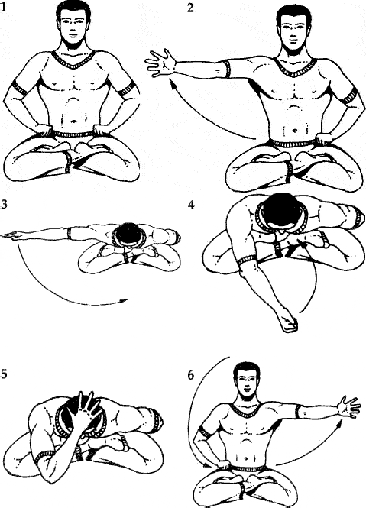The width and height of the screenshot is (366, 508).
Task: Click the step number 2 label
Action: [191, 7]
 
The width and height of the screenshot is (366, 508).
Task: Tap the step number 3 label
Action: [3, 205]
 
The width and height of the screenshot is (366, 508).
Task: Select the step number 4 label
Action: [191, 205]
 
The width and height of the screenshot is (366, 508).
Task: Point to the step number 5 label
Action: [3, 375]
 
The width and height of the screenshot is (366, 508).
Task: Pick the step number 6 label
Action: [191, 375]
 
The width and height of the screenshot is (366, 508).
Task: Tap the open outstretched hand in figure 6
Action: [348, 406]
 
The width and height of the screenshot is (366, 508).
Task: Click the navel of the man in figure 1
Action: [74, 121]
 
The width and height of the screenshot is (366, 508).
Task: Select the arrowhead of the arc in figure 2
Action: [173, 86]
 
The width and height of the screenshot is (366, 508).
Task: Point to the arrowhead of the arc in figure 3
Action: [123, 301]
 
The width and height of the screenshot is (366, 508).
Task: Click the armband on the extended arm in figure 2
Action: [228, 68]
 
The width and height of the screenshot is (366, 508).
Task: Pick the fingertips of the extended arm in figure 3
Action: [7, 235]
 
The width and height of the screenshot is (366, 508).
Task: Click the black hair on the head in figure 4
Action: [278, 210]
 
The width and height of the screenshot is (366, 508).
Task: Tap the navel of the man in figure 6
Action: [247, 458]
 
